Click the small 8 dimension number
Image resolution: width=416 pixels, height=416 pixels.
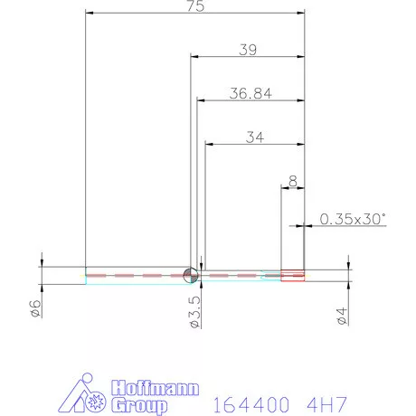click(x=292, y=180)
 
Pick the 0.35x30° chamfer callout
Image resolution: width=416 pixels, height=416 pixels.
click(x=353, y=218)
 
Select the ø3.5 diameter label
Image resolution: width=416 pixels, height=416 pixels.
click(x=194, y=310)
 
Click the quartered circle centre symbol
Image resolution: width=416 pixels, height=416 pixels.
click(x=190, y=275)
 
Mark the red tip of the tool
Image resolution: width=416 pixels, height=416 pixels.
click(x=293, y=275)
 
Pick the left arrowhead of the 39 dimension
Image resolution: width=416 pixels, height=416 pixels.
click(x=194, y=55)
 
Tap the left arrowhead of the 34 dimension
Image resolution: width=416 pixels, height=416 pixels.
click(x=209, y=143)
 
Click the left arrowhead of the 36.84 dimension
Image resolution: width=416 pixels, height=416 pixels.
click(x=201, y=99)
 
